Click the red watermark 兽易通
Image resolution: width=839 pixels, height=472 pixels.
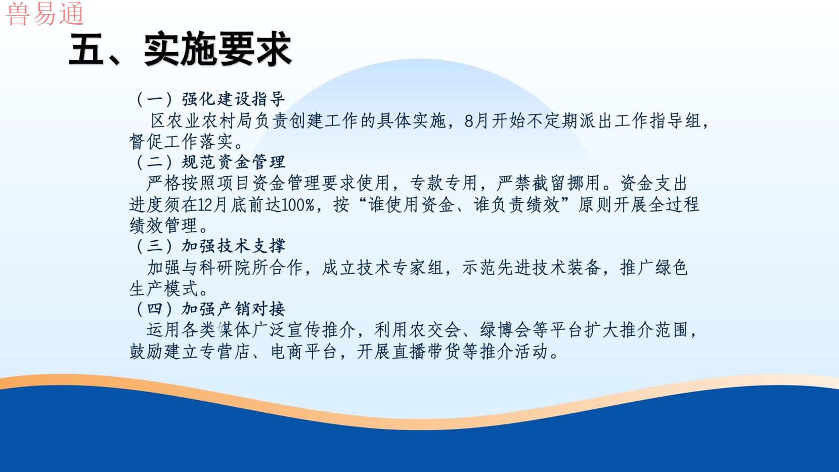(x=45, y=14)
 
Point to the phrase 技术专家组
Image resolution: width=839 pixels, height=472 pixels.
(x=401, y=268)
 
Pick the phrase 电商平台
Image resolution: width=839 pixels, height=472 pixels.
(x=304, y=352)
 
